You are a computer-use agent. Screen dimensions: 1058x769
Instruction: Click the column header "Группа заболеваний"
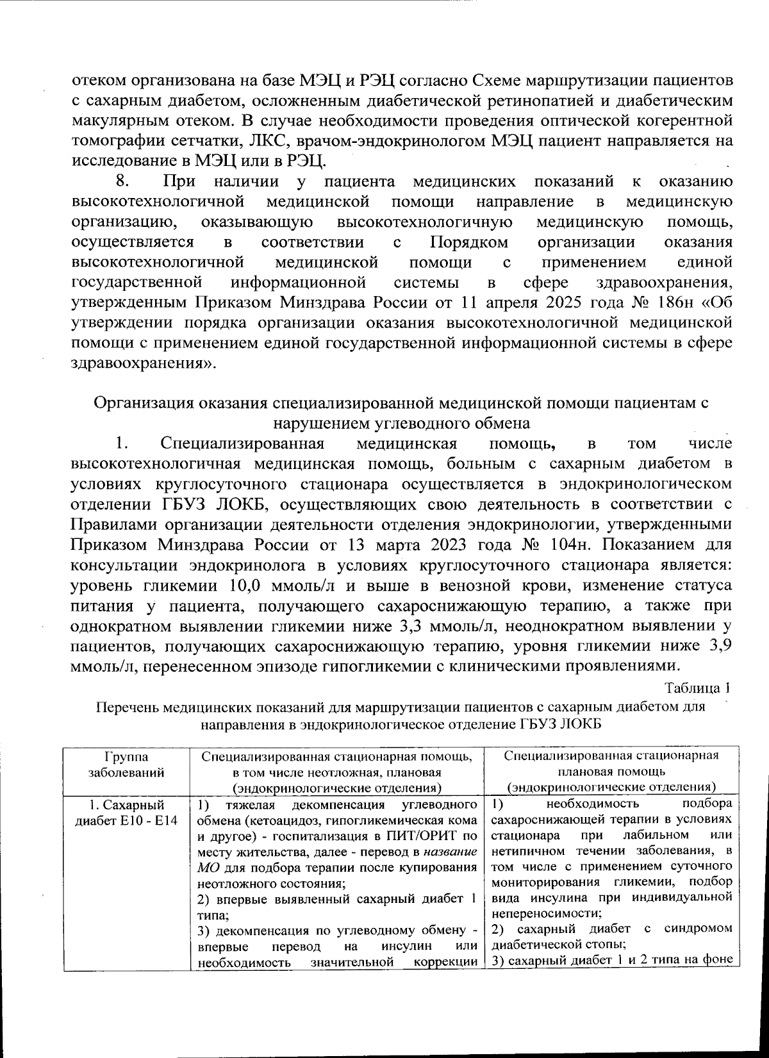(126, 764)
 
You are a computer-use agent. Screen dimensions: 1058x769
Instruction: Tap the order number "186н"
(666, 302)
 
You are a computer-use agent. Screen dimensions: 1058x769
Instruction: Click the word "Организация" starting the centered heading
(143, 403)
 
